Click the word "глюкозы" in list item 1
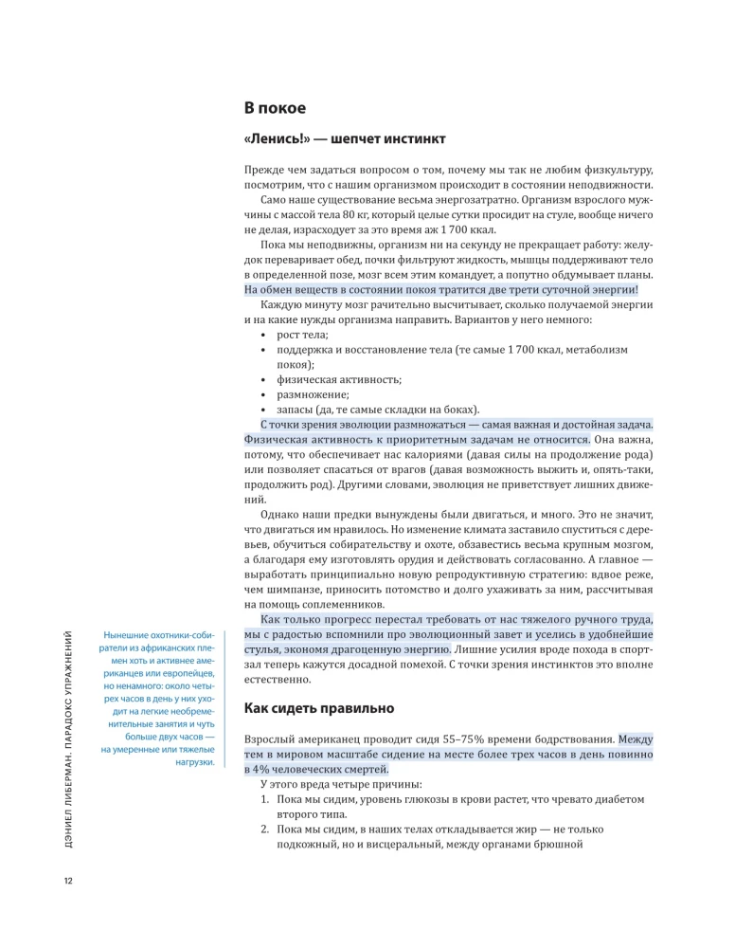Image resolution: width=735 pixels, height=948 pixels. coord(425,799)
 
